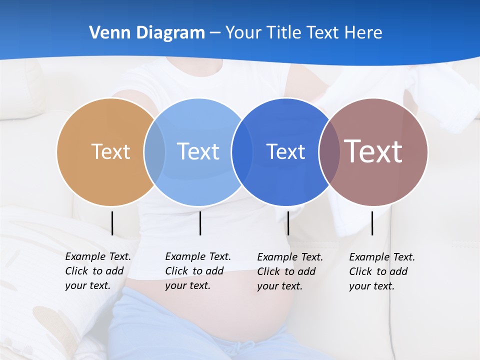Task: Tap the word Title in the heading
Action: pyautogui.click(x=282, y=33)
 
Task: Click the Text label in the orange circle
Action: pyautogui.click(x=110, y=151)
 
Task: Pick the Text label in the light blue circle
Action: pyautogui.click(x=198, y=151)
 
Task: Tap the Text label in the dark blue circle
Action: pyautogui.click(x=285, y=151)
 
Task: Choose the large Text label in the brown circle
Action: pyautogui.click(x=373, y=151)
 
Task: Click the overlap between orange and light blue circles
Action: pyautogui.click(x=154, y=151)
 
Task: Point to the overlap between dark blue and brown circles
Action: pyautogui.click(x=329, y=151)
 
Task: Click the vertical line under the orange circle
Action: pyautogui.click(x=112, y=223)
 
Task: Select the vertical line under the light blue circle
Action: pyautogui.click(x=200, y=223)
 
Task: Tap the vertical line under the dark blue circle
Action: pyautogui.click(x=288, y=223)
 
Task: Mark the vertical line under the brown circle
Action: pyautogui.click(x=372, y=223)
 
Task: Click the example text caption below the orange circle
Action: pyautogui.click(x=97, y=271)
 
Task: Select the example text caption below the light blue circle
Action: pyautogui.click(x=197, y=271)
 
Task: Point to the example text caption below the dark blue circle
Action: pyautogui.click(x=289, y=271)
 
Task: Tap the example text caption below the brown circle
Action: pyautogui.click(x=381, y=271)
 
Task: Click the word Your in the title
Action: pyautogui.click(x=244, y=33)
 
